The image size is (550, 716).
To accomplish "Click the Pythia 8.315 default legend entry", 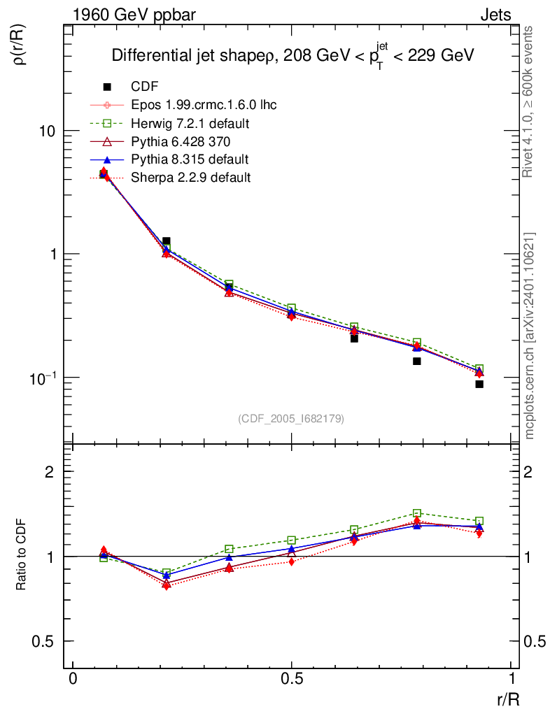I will coord(190,159).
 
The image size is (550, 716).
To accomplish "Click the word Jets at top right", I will coord(495,15).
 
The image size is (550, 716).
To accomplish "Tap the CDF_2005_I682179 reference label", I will coord(291,418).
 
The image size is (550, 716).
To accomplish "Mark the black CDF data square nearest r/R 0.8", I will coord(416,361).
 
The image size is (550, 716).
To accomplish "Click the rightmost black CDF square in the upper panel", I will coord(479,384).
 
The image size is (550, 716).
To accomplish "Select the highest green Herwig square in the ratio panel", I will coord(416,513).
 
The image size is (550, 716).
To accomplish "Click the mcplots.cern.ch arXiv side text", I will coord(530,336).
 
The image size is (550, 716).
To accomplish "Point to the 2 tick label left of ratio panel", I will coord(49,471).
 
